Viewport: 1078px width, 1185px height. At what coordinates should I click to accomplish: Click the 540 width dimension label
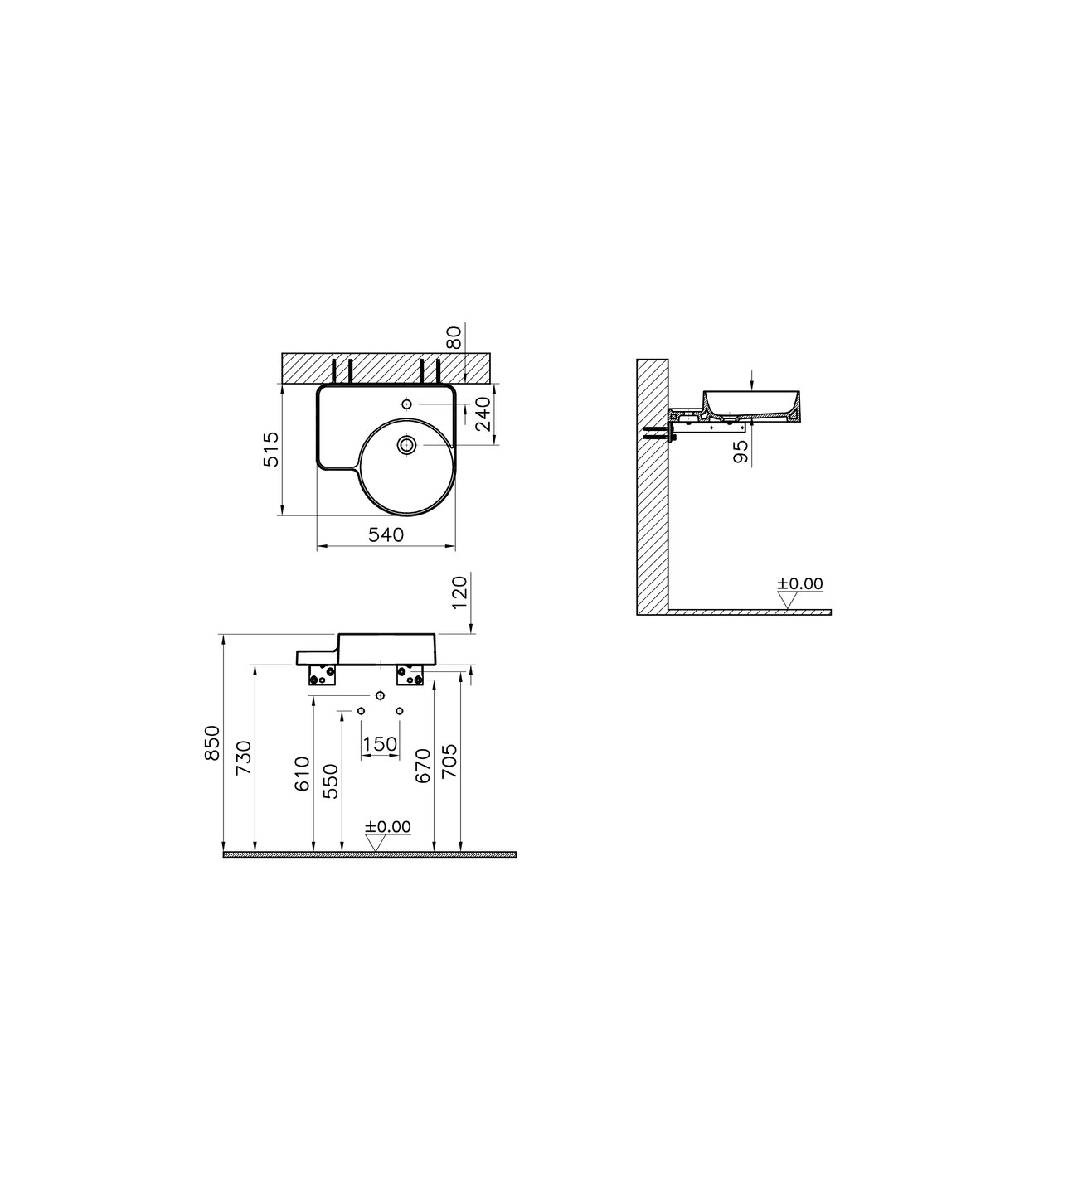coord(386,535)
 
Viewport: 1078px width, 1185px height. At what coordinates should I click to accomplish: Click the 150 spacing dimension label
coord(380,744)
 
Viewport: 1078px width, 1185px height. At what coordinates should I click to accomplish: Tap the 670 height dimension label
coord(422,767)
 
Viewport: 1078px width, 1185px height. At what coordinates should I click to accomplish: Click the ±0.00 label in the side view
coord(800,583)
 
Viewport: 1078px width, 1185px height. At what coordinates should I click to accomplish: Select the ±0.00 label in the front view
coord(388,826)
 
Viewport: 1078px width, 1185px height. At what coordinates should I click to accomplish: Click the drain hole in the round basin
coord(406,445)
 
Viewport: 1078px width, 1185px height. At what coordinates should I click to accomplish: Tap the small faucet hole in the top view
coord(406,404)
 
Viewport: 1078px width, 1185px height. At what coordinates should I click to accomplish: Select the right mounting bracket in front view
coord(410,676)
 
